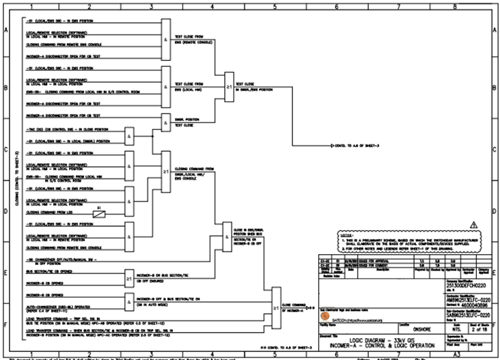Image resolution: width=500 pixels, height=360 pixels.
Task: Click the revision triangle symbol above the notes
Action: (x=473, y=224)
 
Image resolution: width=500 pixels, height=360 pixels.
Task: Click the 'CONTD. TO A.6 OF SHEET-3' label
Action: (x=353, y=146)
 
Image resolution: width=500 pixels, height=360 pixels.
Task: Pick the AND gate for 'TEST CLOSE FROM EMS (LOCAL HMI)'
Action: (x=166, y=87)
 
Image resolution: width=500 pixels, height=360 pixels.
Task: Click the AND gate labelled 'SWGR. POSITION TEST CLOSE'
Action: (x=166, y=122)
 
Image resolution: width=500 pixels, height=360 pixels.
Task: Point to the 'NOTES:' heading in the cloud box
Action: (x=349, y=234)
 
